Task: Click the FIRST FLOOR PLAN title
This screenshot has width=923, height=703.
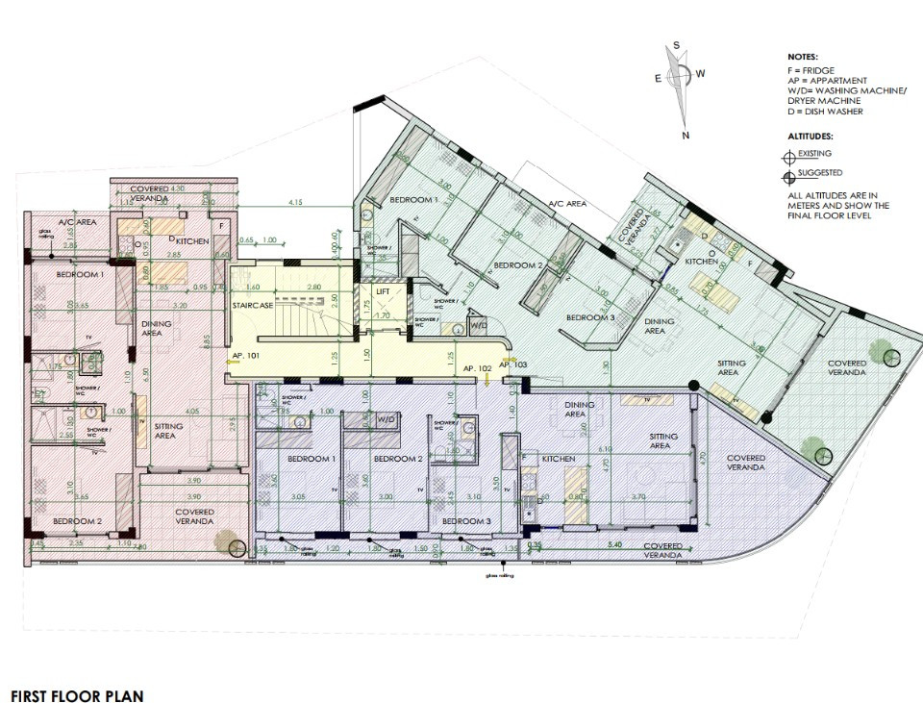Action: pyautogui.click(x=77, y=694)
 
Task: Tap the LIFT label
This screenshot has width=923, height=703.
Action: pyautogui.click(x=383, y=291)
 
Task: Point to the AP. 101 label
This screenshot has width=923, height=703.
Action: pyautogui.click(x=246, y=356)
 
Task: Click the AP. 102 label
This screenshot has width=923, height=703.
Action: pyautogui.click(x=478, y=368)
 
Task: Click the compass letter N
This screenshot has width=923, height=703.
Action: pyautogui.click(x=686, y=136)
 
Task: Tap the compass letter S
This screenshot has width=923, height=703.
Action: pyautogui.click(x=677, y=45)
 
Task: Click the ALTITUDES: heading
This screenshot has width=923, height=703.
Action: pyautogui.click(x=810, y=136)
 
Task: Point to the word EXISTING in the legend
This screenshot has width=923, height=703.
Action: pyautogui.click(x=813, y=153)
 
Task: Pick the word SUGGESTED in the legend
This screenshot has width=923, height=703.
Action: pyautogui.click(x=819, y=173)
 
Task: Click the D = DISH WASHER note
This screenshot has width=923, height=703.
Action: pyautogui.click(x=825, y=112)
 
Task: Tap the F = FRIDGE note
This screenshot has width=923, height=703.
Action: pyautogui.click(x=811, y=70)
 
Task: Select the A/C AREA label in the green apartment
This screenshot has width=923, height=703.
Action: pyautogui.click(x=567, y=204)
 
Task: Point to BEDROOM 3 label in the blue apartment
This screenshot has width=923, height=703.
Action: pyautogui.click(x=466, y=521)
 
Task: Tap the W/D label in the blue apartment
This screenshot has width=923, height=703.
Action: pyautogui.click(x=387, y=419)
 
